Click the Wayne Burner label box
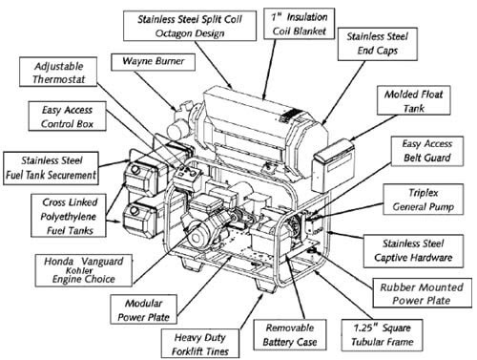(x=153, y=62)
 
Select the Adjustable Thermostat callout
(x=58, y=72)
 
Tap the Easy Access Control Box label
(x=67, y=116)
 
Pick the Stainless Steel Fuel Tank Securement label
(x=51, y=168)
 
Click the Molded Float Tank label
(x=414, y=100)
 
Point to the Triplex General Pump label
(x=424, y=200)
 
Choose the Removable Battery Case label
(x=290, y=335)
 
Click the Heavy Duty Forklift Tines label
(x=200, y=344)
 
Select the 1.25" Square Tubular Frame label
(x=383, y=335)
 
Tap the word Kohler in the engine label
(x=79, y=271)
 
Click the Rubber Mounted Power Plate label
(x=422, y=293)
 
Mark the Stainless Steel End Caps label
(x=378, y=44)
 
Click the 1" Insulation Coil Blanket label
(x=300, y=24)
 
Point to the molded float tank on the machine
(x=333, y=164)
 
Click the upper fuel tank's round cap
(x=135, y=169)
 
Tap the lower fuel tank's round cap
(x=135, y=211)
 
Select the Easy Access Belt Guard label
(x=427, y=151)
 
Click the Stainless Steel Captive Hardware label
(x=413, y=250)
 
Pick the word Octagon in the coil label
(x=172, y=33)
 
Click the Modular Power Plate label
(x=143, y=309)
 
